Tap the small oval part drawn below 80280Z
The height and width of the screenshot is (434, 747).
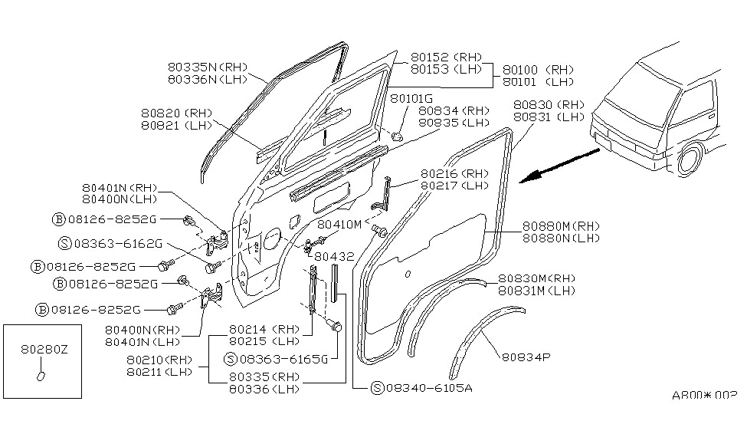point(42,376)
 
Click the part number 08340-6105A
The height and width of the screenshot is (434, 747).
point(428,387)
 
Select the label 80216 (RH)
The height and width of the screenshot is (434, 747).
point(454,174)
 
